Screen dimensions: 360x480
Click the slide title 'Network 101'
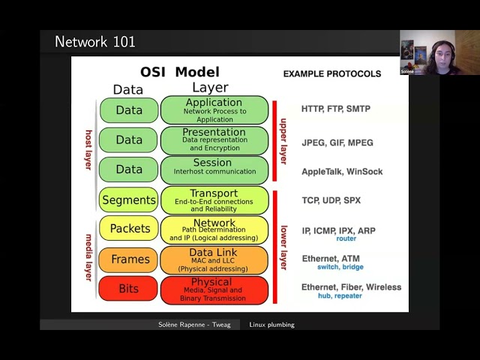point(95,42)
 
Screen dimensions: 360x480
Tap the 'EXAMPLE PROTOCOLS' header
point(331,74)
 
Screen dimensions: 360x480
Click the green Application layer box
point(214,109)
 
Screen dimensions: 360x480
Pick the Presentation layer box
point(214,140)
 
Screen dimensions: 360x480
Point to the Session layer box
point(214,169)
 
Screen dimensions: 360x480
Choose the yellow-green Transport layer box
point(214,199)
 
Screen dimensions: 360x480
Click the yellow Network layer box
point(214,229)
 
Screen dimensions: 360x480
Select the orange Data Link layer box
point(214,259)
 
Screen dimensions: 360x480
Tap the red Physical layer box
point(214,289)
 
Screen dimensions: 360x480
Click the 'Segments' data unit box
point(129,200)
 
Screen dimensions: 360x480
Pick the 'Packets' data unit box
point(129,229)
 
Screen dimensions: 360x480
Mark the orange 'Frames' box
point(129,259)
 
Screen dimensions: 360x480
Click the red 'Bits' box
point(129,289)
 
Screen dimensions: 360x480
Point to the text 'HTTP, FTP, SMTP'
point(335,109)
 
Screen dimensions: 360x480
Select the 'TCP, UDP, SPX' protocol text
point(331,201)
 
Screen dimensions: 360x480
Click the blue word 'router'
point(346,238)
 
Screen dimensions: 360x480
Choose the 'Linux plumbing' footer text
point(271,325)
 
